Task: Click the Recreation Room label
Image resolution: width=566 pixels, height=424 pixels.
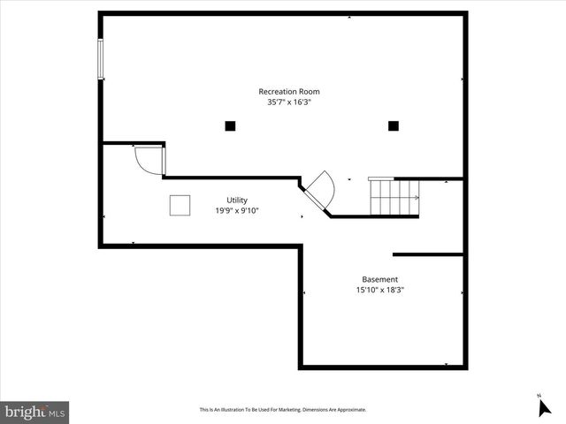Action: pyautogui.click(x=288, y=92)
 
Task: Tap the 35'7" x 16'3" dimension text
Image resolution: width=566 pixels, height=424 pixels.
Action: pyautogui.click(x=288, y=102)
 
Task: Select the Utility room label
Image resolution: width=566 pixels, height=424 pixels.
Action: pyautogui.click(x=236, y=201)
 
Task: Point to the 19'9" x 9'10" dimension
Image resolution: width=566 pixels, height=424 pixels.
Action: pyautogui.click(x=236, y=211)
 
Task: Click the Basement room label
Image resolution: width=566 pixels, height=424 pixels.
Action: pyautogui.click(x=379, y=279)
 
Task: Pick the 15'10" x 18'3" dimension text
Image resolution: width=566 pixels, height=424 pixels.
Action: pyautogui.click(x=379, y=290)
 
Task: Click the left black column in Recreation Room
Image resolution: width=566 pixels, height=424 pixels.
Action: pyautogui.click(x=230, y=126)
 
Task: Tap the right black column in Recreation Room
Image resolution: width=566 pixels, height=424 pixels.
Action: pyautogui.click(x=394, y=126)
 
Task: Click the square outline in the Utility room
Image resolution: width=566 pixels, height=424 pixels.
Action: pyautogui.click(x=180, y=205)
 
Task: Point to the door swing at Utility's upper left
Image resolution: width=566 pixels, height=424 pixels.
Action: pyautogui.click(x=149, y=160)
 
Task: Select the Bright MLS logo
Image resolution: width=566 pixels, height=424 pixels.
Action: pyautogui.click(x=34, y=412)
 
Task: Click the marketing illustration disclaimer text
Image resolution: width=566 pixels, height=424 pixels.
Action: pyautogui.click(x=282, y=410)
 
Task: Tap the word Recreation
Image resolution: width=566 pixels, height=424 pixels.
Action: pyautogui.click(x=275, y=92)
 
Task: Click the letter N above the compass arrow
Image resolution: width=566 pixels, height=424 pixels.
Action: pyautogui.click(x=538, y=395)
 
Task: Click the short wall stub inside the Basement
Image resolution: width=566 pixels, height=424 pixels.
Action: pyautogui.click(x=428, y=254)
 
